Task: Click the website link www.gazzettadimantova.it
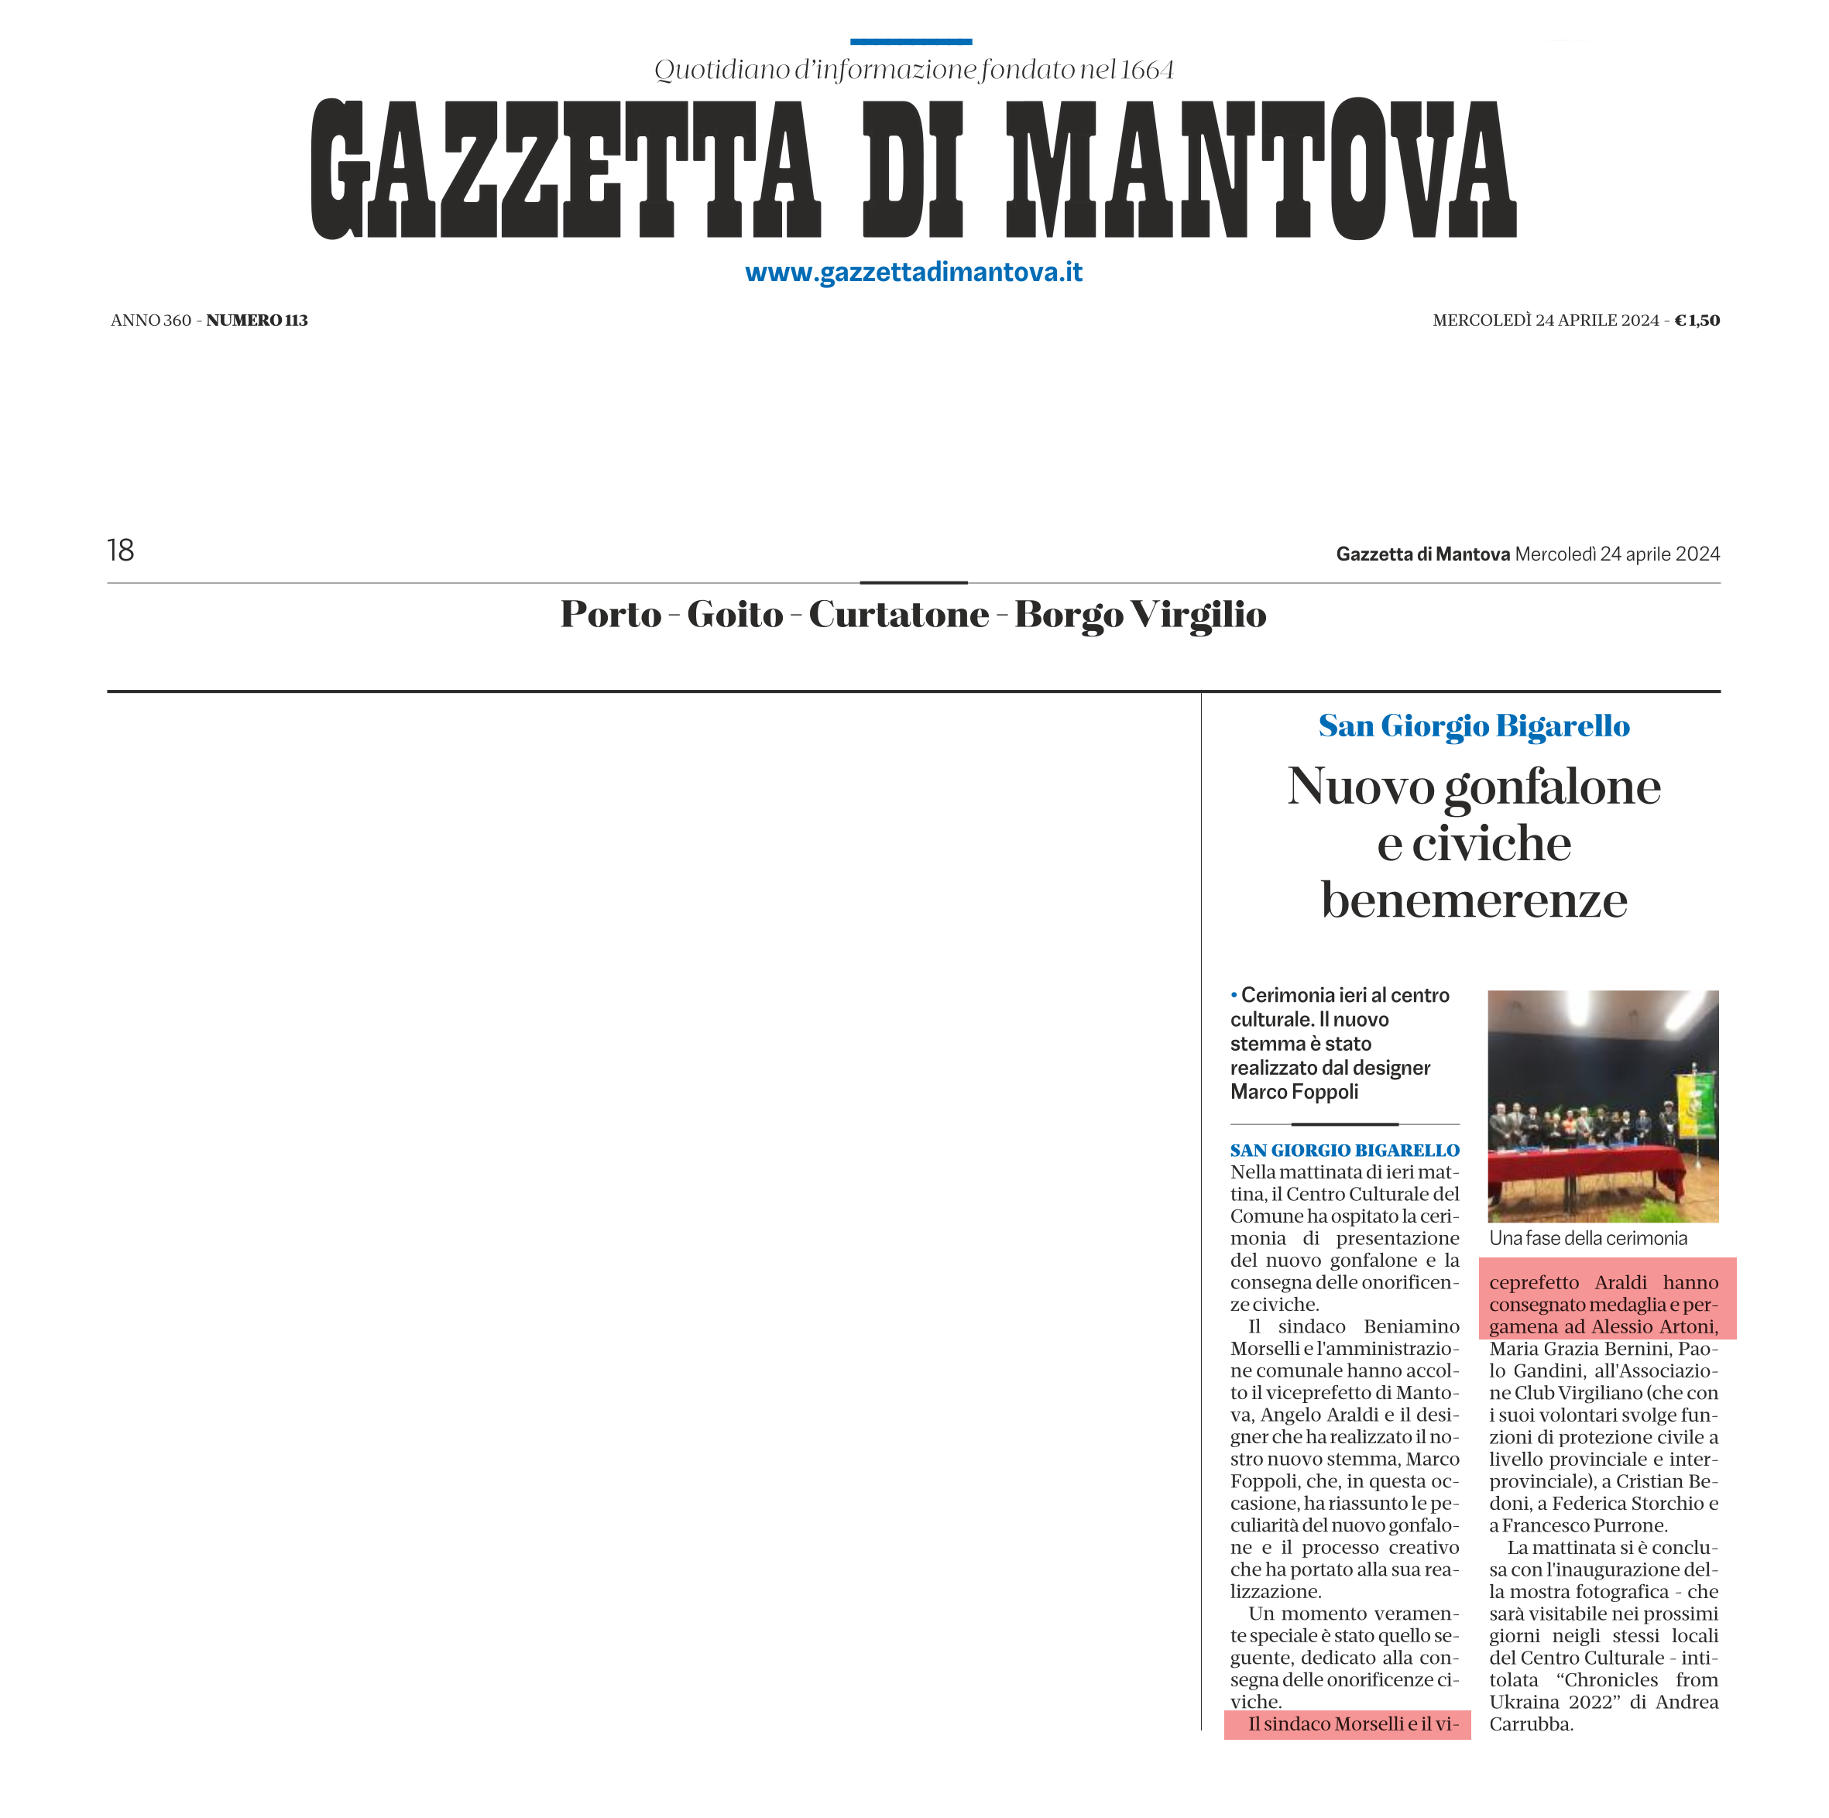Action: coord(914,273)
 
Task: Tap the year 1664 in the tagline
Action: coord(1147,70)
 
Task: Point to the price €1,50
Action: coord(1697,321)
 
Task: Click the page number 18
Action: coord(120,551)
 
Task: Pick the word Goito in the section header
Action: coord(735,615)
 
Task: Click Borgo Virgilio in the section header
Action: coord(1140,615)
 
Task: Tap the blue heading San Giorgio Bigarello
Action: coord(1474,725)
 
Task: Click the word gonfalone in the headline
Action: coord(1553,787)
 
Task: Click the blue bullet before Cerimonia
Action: coord(1234,995)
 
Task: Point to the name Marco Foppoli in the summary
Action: coord(1294,1093)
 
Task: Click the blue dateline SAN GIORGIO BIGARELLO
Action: coord(1344,1151)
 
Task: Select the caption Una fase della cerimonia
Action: coord(1587,1239)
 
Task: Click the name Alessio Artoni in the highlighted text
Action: coord(1654,1327)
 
